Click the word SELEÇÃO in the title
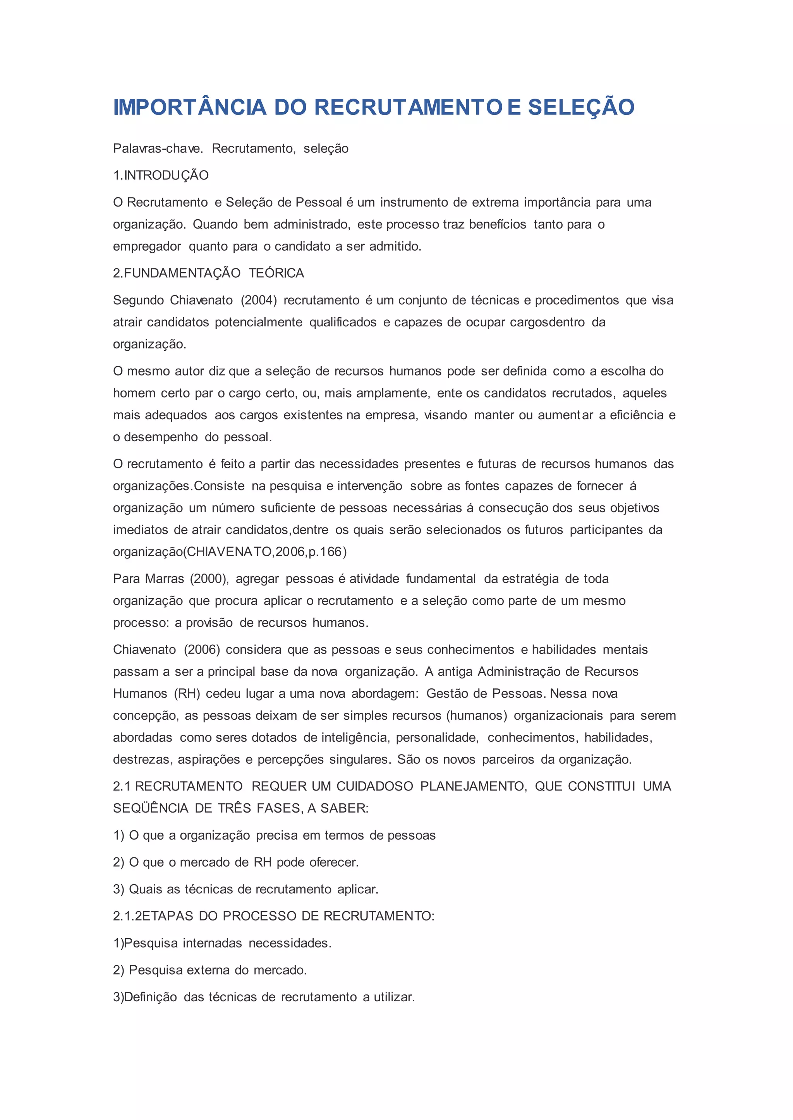click(581, 107)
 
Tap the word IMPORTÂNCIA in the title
click(190, 107)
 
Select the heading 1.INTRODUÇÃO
click(161, 176)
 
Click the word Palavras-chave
click(158, 149)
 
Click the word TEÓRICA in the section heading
click(276, 274)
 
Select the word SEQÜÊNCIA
click(150, 808)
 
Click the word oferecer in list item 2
click(334, 862)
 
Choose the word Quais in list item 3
click(146, 889)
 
